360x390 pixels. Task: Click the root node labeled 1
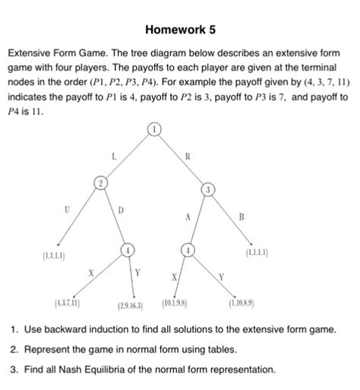tap(154, 129)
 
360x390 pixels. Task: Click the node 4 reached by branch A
tap(188, 249)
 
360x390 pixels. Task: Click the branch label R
tap(187, 157)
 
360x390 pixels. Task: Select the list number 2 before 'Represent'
tap(14, 350)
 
